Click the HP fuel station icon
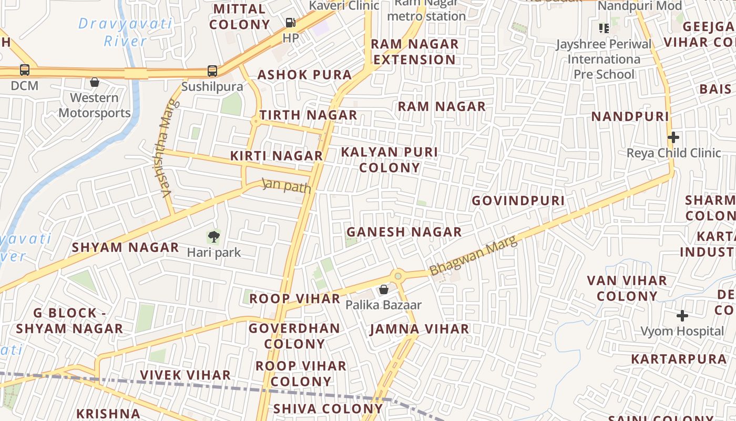coord(290,23)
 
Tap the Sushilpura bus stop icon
coord(212,71)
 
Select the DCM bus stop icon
coord(24,69)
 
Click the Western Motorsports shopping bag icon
coord(95,83)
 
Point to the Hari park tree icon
coord(213,237)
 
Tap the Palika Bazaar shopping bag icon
coord(384,290)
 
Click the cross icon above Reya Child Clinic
coord(673,138)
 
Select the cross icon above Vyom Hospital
coord(682,316)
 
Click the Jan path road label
coord(287,186)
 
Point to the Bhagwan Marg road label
coord(473,256)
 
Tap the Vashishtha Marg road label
coord(167,149)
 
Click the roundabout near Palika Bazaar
coord(398,276)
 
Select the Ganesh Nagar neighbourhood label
coord(404,232)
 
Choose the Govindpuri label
coord(518,201)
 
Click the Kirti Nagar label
coord(277,156)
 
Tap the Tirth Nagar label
coord(308,115)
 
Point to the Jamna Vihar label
coord(419,329)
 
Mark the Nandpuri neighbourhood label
coord(630,116)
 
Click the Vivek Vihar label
coord(185,375)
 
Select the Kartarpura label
coord(678,359)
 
